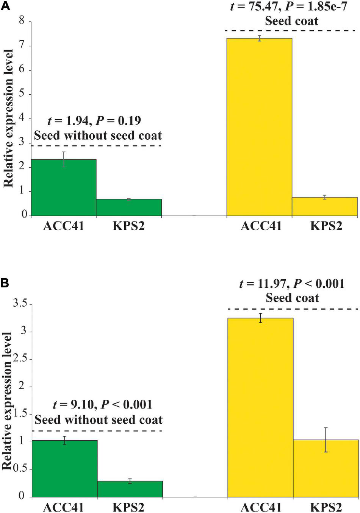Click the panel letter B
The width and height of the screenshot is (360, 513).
pyautogui.click(x=5, y=283)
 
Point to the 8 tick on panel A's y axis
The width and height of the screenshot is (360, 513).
pyautogui.click(x=22, y=21)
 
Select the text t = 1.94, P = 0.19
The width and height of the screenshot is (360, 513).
pyautogui.click(x=94, y=121)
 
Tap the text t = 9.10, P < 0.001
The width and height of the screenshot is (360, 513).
pyautogui.click(x=102, y=404)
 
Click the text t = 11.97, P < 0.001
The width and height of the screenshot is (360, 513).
pyautogui.click(x=292, y=284)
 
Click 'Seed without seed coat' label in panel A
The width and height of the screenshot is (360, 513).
pyautogui.click(x=98, y=136)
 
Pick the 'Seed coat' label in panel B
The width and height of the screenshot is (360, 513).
pyautogui.click(x=292, y=298)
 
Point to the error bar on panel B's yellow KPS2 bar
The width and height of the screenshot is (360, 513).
pyautogui.click(x=326, y=440)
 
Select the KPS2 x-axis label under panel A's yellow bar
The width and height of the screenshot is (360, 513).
pyautogui.click(x=326, y=226)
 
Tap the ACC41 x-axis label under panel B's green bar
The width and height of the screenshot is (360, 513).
pyautogui.click(x=64, y=507)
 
